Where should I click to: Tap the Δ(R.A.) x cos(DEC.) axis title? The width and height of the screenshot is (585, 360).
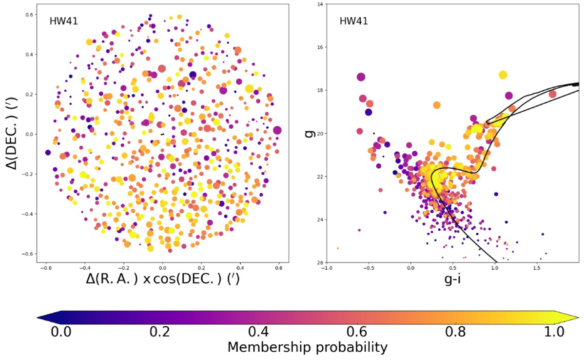pos(163,280)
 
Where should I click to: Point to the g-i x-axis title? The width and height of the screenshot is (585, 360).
pos(453,280)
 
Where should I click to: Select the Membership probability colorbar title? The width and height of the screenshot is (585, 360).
pos(307,347)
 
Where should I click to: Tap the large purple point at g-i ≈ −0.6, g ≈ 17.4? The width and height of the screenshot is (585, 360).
pos(361,77)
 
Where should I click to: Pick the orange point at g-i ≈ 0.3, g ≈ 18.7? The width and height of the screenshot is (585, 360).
pos(436,105)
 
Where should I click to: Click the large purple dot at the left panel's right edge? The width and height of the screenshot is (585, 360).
pos(277,130)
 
